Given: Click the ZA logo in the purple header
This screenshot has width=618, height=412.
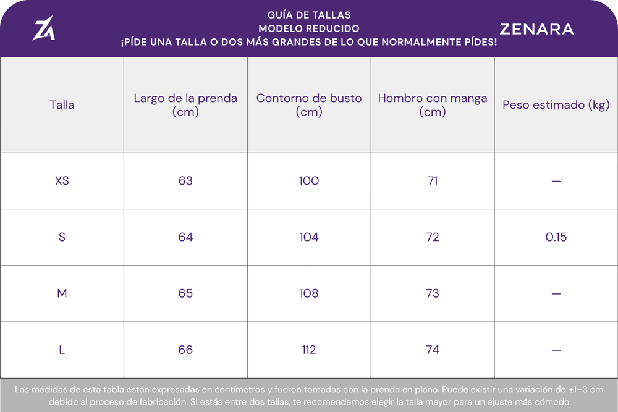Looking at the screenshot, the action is point(44,28).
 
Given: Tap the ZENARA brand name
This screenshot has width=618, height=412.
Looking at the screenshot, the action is point(536,29).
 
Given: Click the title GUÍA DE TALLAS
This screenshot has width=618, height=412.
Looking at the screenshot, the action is point(309,15).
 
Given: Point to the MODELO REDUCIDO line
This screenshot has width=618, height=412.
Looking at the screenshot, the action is point(309,28).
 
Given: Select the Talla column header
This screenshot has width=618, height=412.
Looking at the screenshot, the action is point(62,105).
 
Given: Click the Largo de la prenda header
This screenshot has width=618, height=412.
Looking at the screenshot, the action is point(185,105).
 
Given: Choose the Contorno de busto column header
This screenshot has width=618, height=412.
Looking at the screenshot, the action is point(309,105).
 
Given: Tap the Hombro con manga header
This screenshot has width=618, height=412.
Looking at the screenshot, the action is point(433,105).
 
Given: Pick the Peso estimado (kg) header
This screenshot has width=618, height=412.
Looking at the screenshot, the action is point(556,105).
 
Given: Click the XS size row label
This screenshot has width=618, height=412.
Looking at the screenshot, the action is point(62,181).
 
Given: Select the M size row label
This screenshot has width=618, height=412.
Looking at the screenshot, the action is point(62,293).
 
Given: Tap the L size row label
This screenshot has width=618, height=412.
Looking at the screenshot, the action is point(62,350).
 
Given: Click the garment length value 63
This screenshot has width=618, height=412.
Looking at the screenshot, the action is point(185,181).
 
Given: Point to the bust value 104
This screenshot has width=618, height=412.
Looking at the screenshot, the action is point(309,237).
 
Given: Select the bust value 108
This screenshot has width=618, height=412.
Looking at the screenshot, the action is point(309,293).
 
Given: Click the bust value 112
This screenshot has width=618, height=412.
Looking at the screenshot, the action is point(309,350).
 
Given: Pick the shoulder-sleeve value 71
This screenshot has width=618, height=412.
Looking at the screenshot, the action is point(433,181).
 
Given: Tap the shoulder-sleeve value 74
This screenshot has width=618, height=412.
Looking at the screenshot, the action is point(433,350).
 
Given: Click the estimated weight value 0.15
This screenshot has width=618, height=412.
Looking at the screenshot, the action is point(556,237).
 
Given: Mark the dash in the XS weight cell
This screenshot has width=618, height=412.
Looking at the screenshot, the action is point(556,181).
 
